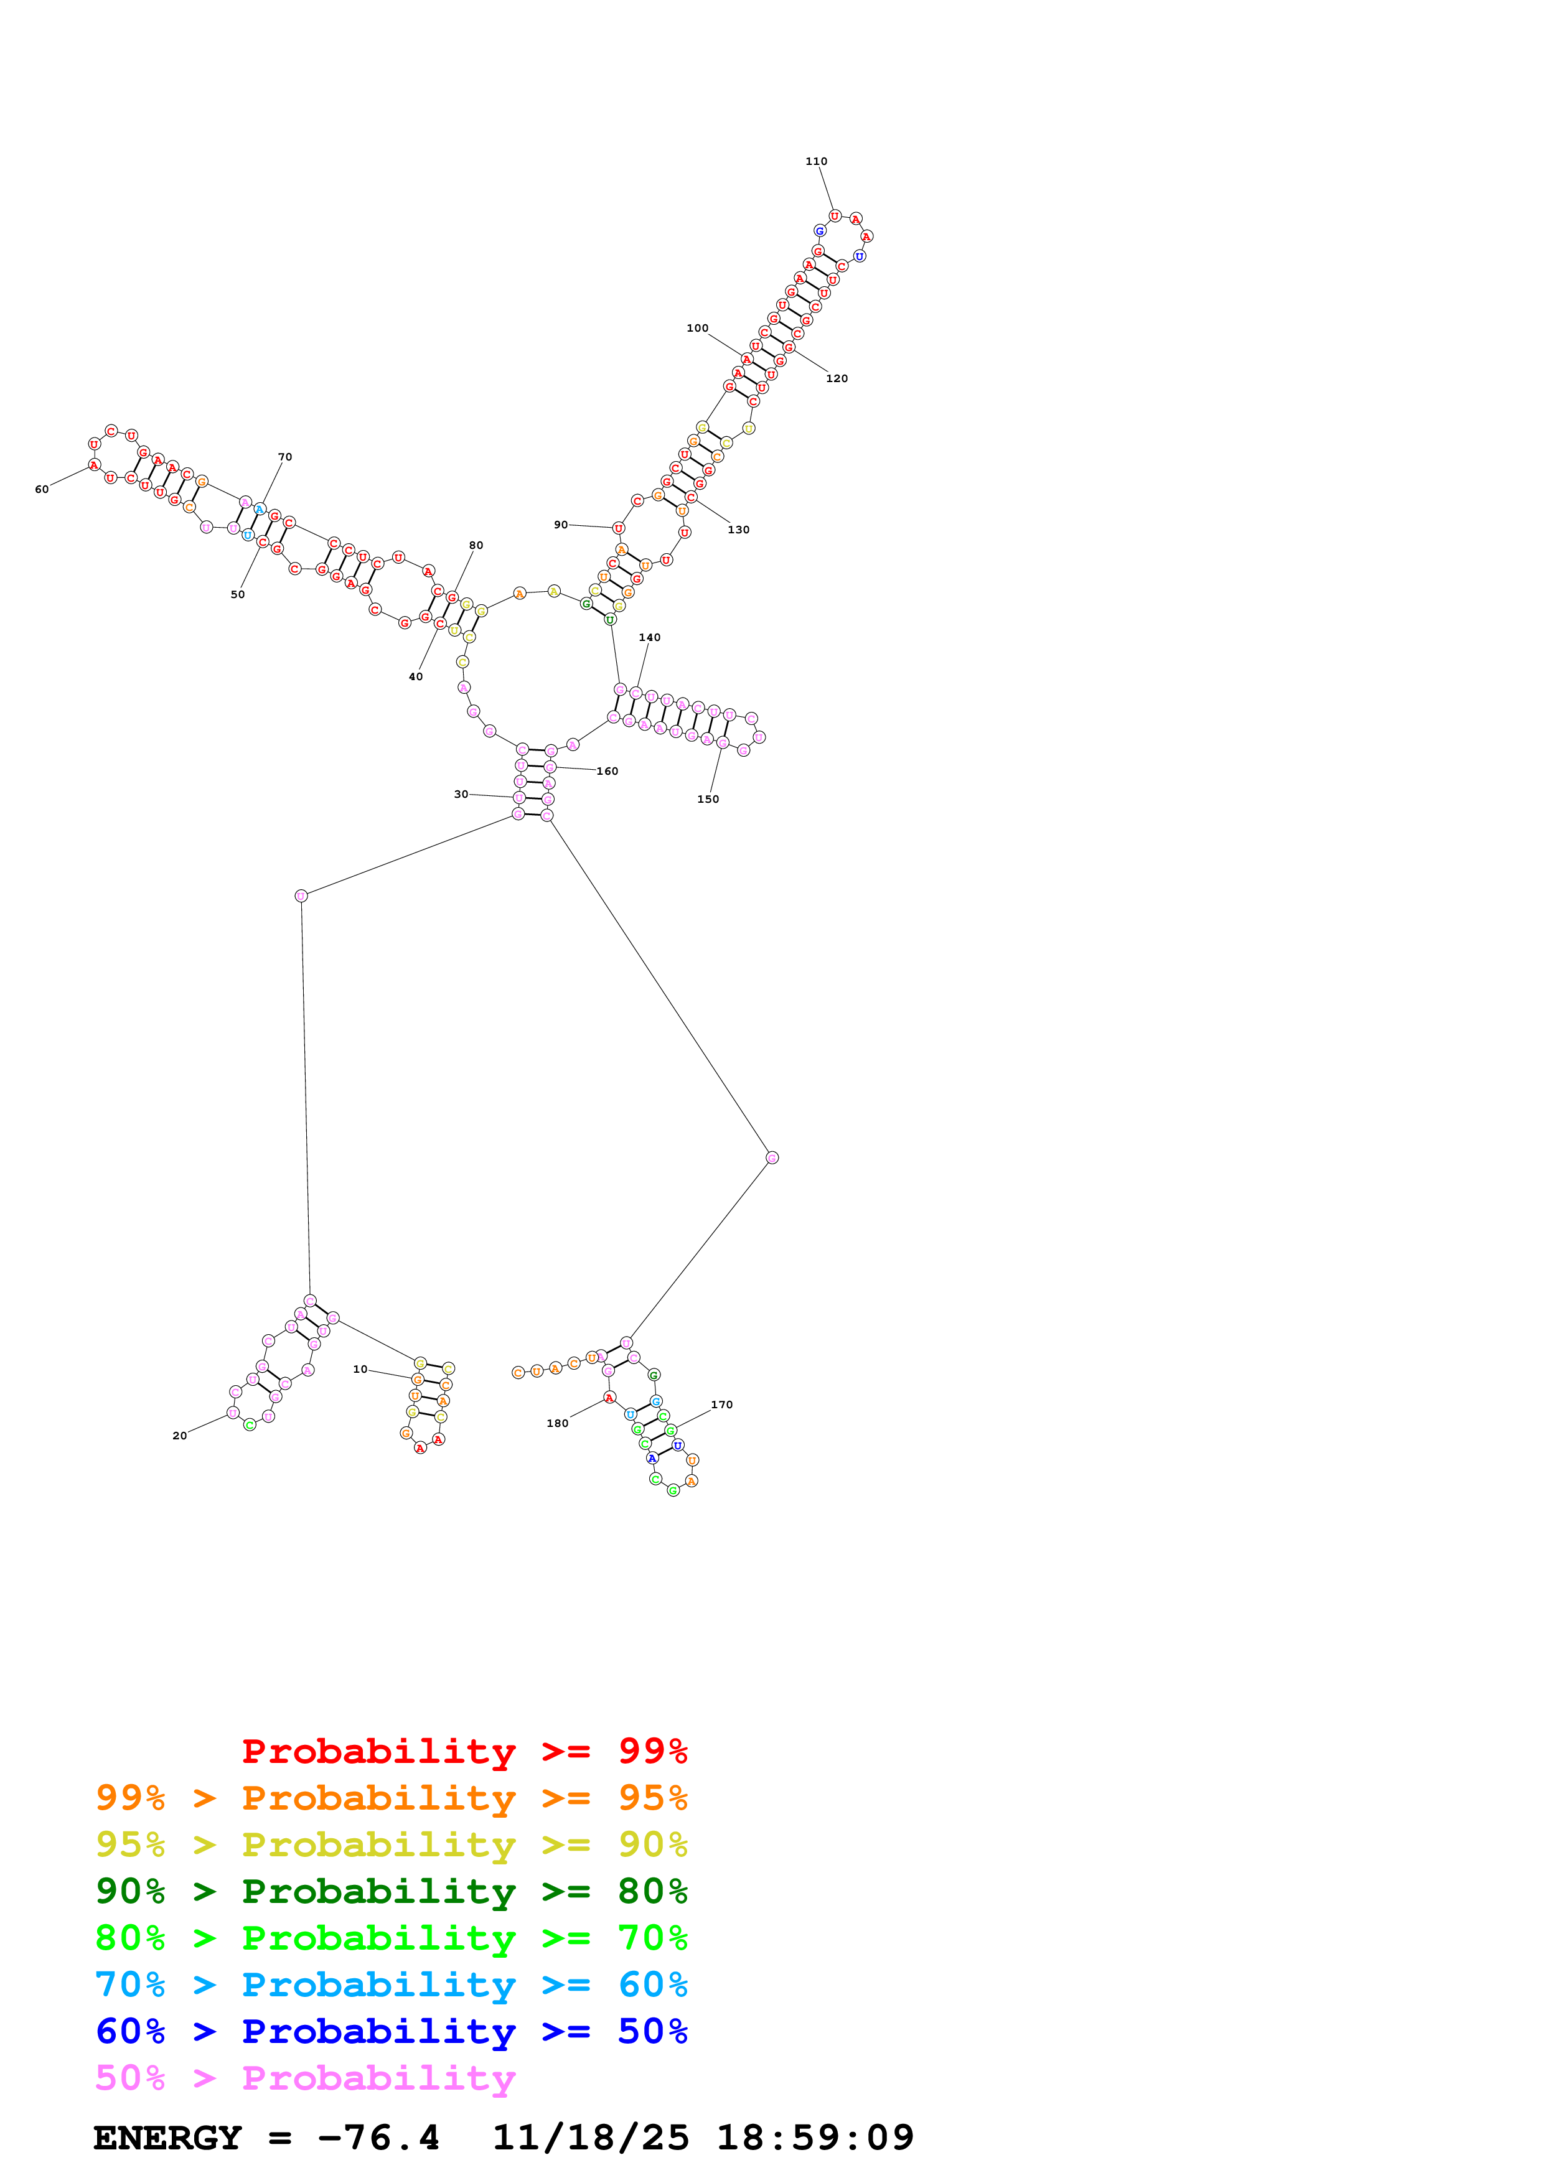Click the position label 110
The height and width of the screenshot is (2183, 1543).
coord(816,162)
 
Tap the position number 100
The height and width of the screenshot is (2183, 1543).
coord(697,328)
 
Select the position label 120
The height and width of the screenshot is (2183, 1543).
coord(837,378)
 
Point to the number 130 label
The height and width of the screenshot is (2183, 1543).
coord(739,530)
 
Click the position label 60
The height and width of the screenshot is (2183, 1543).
coord(42,490)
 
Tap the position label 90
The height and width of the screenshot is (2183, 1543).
coord(561,525)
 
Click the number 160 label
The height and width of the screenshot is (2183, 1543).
coord(607,771)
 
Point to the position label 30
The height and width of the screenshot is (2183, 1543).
coord(461,794)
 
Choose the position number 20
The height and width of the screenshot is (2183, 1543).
coord(180,1436)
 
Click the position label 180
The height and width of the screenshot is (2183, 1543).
coord(557,1423)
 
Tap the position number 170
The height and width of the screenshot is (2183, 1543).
coord(721,1405)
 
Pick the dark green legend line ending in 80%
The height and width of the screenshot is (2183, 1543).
coord(392,1891)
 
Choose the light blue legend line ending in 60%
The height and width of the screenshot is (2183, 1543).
coord(392,1984)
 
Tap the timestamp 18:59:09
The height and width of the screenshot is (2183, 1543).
coord(815,2138)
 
